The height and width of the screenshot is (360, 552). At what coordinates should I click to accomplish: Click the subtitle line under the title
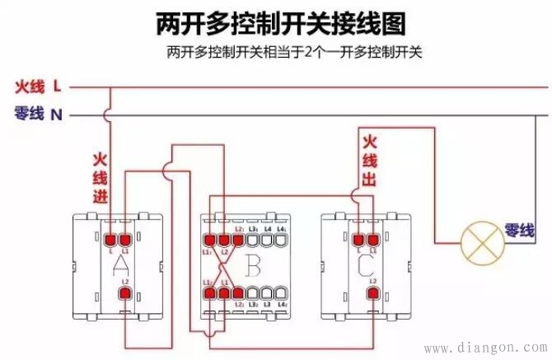[292, 53]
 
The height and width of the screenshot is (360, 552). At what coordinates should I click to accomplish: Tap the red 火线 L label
[38, 85]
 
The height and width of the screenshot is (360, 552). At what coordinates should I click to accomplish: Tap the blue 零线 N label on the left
[38, 115]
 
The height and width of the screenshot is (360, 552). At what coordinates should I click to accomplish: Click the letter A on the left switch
[120, 264]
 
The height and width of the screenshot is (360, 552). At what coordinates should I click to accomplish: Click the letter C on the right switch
[366, 264]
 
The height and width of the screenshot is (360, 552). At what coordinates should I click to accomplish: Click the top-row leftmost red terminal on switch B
[208, 239]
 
